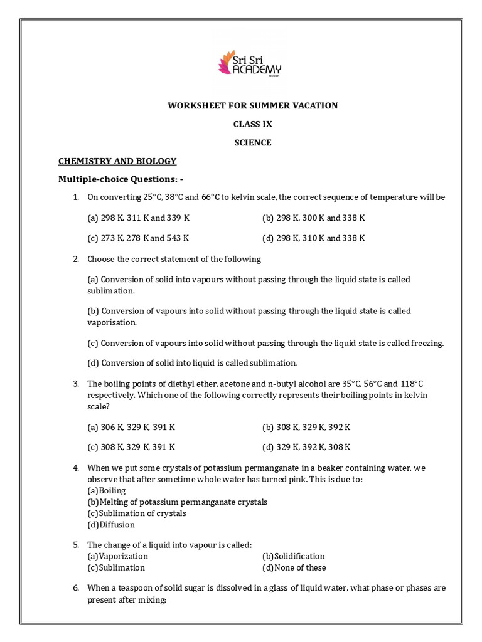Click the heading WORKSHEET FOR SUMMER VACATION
252,105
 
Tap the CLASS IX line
253,124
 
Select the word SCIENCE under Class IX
253,142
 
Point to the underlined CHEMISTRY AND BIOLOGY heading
117,161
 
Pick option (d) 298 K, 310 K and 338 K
313,238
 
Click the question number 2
75,259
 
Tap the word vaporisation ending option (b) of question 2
112,322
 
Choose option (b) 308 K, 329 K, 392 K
306,427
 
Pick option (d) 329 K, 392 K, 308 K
306,447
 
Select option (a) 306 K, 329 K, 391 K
131,427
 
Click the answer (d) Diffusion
111,524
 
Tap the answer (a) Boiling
107,490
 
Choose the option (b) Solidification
294,556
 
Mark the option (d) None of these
294,567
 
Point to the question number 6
75,588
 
